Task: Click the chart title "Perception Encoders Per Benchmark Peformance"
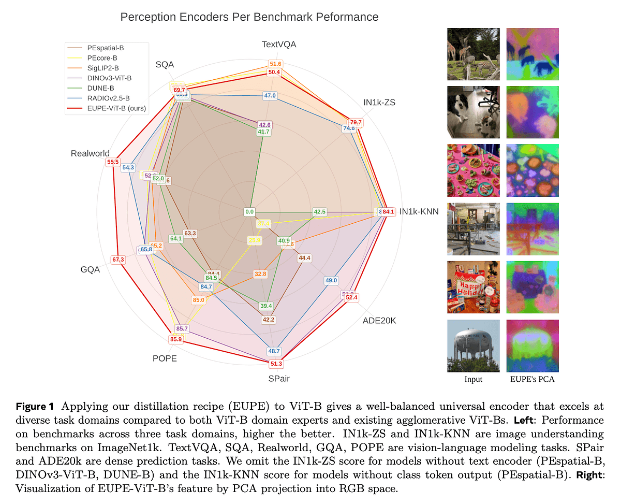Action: click(249, 17)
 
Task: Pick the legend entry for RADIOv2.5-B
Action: click(108, 98)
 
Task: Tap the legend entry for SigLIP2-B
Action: click(103, 68)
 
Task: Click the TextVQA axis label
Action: click(279, 45)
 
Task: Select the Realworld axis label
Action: click(90, 153)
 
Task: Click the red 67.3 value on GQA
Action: click(118, 260)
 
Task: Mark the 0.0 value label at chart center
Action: click(249, 211)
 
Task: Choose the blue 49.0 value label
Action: click(331, 281)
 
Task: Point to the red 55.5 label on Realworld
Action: click(112, 162)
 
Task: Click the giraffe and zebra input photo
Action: click(474, 54)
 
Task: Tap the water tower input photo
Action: click(474, 345)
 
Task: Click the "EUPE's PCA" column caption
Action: click(532, 380)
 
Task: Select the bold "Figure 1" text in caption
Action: click(38, 406)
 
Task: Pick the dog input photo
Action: click(474, 112)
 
